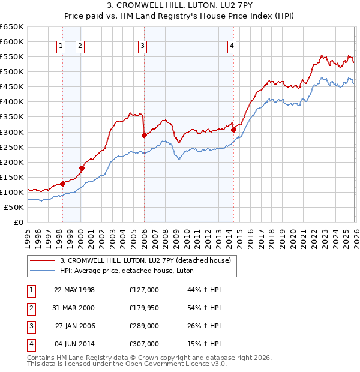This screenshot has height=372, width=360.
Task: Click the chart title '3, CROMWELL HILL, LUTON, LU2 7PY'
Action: [x=179, y=7]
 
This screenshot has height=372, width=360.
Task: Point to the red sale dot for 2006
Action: [x=144, y=135]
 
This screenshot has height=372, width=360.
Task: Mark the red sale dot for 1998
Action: [x=62, y=184]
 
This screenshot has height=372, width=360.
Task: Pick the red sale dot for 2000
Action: [x=82, y=168]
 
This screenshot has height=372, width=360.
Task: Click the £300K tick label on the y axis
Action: [x=11, y=132]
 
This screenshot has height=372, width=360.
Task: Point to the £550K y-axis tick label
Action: [x=11, y=57]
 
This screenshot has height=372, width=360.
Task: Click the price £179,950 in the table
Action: [x=144, y=308]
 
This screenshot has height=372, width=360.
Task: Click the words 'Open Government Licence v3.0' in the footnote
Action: [x=179, y=364]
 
